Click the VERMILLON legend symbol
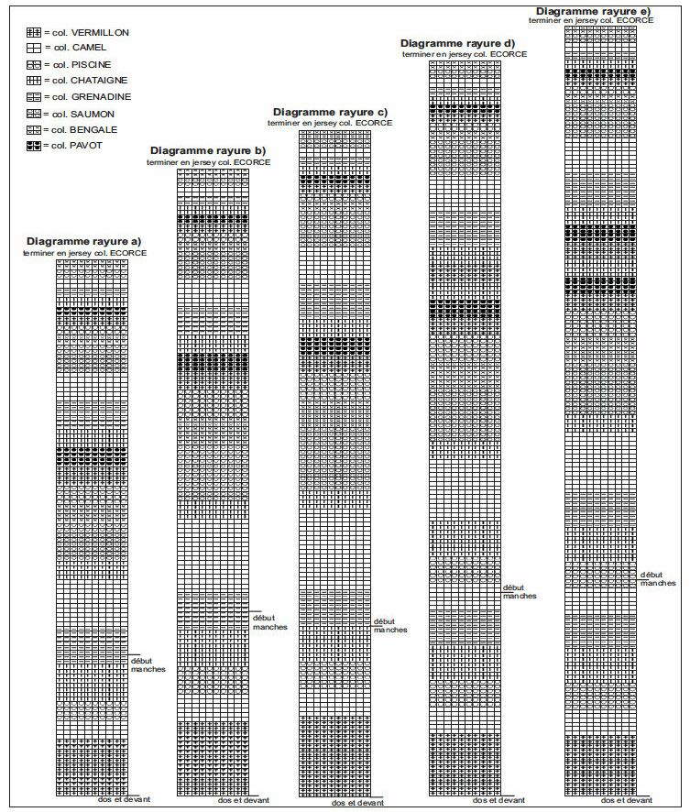point(33,33)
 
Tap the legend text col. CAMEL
point(80,48)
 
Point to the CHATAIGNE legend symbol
point(33,81)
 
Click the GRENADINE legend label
point(92,97)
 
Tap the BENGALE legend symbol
point(33,130)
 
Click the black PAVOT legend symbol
point(33,146)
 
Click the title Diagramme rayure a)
point(84,241)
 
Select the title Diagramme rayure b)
point(208,150)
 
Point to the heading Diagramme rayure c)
point(330,112)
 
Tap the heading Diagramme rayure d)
point(457,43)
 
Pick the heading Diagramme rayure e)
point(593,11)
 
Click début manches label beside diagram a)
point(148,665)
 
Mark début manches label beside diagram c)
point(390,626)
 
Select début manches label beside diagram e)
point(658,579)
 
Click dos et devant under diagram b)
point(243,800)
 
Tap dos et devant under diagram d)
point(498,800)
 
